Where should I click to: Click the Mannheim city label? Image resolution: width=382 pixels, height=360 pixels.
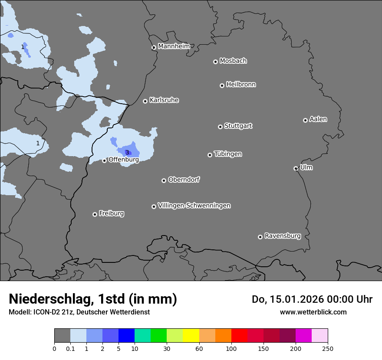[x=174, y=46]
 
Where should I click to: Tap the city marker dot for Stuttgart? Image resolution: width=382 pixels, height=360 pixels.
[x=220, y=127]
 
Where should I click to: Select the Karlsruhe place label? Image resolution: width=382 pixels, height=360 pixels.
[x=164, y=100]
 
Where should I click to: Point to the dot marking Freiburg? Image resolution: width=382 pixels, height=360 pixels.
[x=95, y=214]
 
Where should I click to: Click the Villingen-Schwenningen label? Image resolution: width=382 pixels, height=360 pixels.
[x=194, y=206]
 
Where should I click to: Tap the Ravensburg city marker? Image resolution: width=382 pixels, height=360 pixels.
[x=260, y=237]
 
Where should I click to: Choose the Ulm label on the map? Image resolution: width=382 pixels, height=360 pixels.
[x=306, y=167]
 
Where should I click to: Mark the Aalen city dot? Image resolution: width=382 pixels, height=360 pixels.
[x=305, y=120]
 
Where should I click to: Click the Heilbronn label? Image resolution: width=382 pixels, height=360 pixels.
[x=241, y=85]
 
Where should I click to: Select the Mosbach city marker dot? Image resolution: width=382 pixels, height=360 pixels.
[x=215, y=62]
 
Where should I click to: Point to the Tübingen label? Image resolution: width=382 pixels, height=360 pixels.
[x=228, y=154]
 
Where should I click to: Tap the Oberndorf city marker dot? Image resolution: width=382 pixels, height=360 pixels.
[x=164, y=180]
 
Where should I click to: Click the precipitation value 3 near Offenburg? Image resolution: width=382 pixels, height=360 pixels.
[x=127, y=152]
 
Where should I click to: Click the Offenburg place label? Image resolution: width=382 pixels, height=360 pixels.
[x=124, y=160]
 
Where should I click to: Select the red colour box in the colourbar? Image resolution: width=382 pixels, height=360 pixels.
[x=239, y=336]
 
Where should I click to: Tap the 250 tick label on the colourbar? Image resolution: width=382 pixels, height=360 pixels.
[x=328, y=348]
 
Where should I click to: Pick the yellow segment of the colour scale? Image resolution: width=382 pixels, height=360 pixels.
[x=191, y=336]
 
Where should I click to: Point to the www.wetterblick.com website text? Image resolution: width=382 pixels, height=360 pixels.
[x=313, y=312]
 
